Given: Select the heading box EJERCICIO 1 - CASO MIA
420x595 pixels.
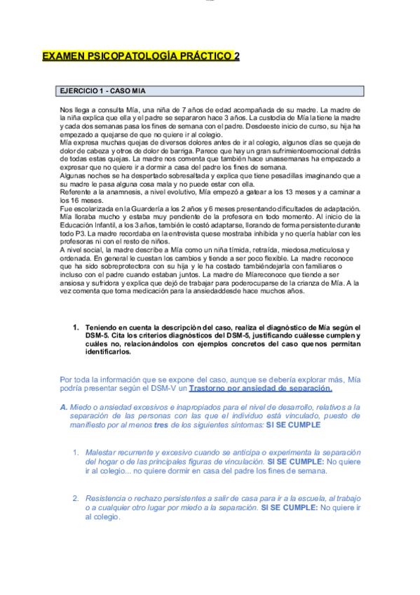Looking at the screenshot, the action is [x=210, y=91].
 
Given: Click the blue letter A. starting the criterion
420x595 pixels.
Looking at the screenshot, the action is [x=64, y=407].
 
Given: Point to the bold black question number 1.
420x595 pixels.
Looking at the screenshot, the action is [x=76, y=328].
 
